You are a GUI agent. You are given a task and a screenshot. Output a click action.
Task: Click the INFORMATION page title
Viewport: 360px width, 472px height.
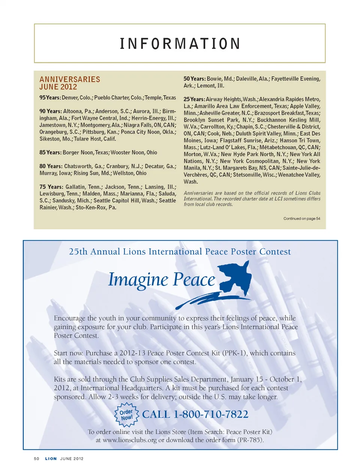pyautogui.click(x=180, y=44)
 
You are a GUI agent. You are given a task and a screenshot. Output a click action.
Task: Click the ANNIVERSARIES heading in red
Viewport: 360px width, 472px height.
pyautogui.click(x=70, y=79)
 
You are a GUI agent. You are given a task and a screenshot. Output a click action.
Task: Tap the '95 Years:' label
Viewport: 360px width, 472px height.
pyautogui.click(x=50, y=98)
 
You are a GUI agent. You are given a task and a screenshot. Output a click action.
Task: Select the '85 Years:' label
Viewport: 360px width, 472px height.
pyautogui.click(x=50, y=152)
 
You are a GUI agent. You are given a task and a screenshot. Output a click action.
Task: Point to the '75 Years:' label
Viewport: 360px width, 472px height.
pyautogui.click(x=51, y=187)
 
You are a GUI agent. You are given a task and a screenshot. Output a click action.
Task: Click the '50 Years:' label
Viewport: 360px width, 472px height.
pyautogui.click(x=194, y=79)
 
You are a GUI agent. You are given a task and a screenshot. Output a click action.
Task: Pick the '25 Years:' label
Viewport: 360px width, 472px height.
pyautogui.click(x=194, y=99)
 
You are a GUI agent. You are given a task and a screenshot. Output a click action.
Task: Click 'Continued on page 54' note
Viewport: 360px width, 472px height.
pyautogui.click(x=301, y=218)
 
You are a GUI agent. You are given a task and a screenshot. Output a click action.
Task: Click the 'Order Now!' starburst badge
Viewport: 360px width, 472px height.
pyautogui.click(x=126, y=415)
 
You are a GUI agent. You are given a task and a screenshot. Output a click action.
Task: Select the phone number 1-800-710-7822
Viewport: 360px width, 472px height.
pyautogui.click(x=211, y=414)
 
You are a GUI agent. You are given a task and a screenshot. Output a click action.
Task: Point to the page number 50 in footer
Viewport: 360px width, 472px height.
pyautogui.click(x=36, y=459)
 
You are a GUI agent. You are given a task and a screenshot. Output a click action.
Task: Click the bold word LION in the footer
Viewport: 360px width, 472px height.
pyautogui.click(x=51, y=459)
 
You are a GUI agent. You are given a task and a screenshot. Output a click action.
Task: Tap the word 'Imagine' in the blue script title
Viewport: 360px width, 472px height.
pyautogui.click(x=138, y=280)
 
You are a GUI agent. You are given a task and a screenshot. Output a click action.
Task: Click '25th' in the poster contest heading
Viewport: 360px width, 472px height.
pyautogui.click(x=78, y=252)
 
